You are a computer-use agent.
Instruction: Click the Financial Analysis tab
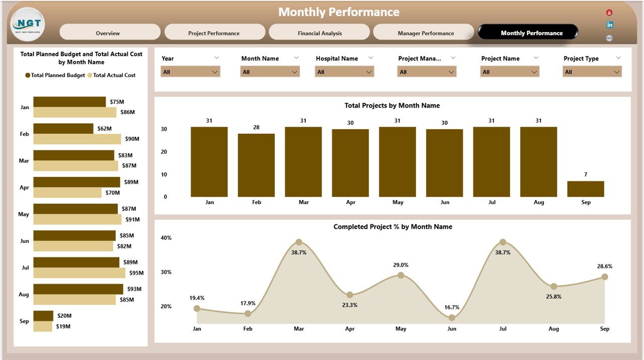pos(319,33)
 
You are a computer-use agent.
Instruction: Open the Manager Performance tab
pos(425,33)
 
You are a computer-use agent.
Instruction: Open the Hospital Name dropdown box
pos(345,72)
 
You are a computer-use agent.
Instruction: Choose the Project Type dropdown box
pos(592,72)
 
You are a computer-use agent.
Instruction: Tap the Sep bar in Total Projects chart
pos(586,189)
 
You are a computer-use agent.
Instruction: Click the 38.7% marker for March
pos(299,242)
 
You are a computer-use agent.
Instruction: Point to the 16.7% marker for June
pos(452,317)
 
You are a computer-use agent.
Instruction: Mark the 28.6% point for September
pos(605,277)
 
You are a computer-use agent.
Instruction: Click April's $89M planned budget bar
pos(76,182)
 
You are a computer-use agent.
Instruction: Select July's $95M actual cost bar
pos(79,273)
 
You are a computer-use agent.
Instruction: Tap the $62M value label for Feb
pos(105,129)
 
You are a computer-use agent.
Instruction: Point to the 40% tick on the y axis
pos(166,238)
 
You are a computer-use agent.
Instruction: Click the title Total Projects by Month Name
pos(392,106)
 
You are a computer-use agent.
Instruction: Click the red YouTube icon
pos(609,13)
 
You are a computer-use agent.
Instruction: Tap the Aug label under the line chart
pos(553,329)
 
